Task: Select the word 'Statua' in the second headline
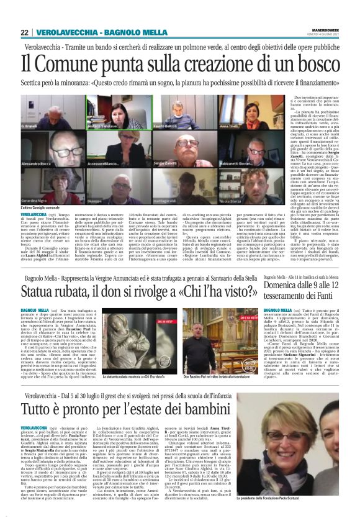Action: point(42,289)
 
